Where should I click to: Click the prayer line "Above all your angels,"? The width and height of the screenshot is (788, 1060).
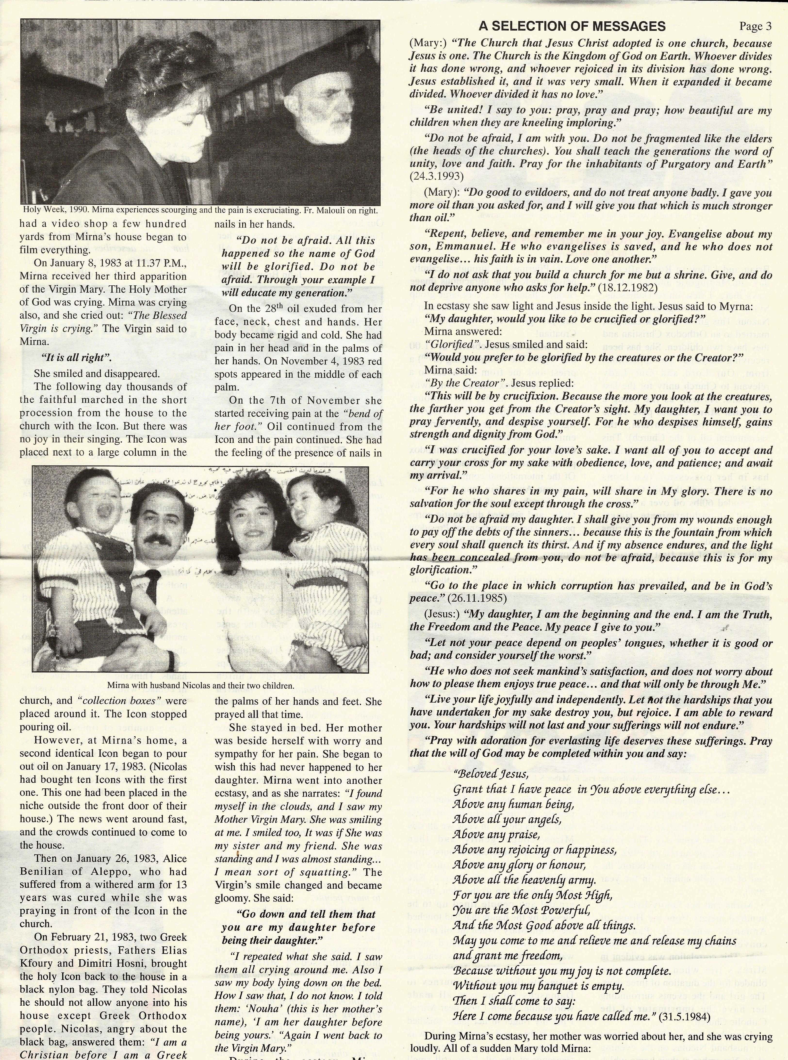point(507,820)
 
